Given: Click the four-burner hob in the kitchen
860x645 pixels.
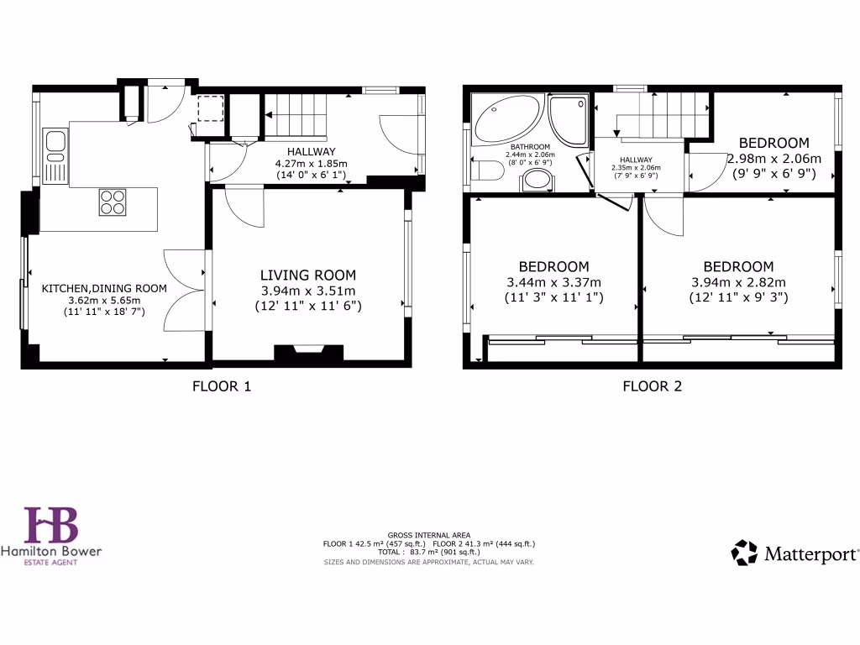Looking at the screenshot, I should pos(113,202).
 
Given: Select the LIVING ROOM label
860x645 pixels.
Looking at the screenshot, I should pos(307,275).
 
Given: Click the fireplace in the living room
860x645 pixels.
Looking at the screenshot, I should pos(308,353).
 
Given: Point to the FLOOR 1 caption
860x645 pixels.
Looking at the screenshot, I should pos(222,386).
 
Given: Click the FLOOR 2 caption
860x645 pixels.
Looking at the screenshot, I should pos(652,386).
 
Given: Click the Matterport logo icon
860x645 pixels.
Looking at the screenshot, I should pos(744,553).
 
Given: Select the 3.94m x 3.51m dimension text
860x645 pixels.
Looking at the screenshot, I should pos(307,291).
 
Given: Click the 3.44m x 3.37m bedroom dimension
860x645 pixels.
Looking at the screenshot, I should pos(553,282).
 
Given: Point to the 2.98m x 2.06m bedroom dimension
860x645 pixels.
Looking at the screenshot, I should pos(773,158).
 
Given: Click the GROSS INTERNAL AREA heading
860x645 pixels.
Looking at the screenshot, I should pos(429,535).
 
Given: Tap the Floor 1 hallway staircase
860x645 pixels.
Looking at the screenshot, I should pos(295,114).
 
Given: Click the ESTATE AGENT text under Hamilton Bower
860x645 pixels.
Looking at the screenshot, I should pos(50,563).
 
